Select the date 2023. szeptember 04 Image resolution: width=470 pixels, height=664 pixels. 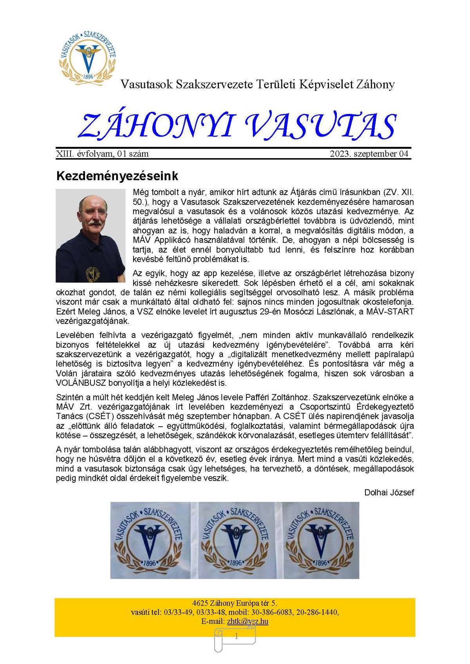[369, 154]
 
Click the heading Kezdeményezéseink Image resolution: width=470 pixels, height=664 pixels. [117, 176]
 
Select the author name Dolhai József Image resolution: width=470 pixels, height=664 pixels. [389, 493]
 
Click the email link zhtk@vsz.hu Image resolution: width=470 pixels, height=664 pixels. [248, 621]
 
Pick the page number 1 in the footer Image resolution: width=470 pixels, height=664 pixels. [236, 637]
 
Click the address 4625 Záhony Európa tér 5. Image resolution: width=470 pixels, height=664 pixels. [235, 603]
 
